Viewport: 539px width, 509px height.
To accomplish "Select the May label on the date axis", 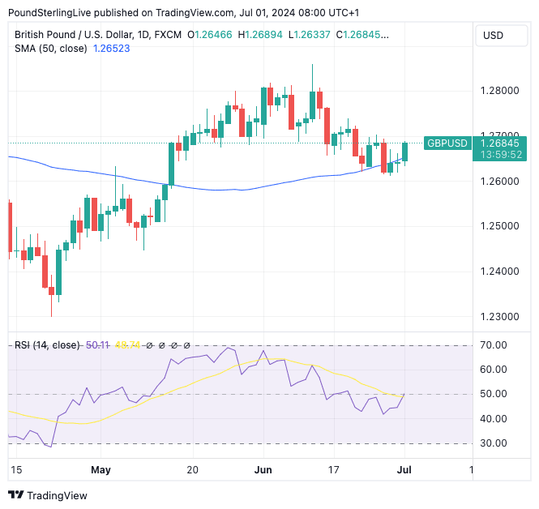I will click(x=101, y=470).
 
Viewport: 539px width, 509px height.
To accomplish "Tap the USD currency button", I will click(x=493, y=36).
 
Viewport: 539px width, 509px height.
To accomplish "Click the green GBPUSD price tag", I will click(x=447, y=143).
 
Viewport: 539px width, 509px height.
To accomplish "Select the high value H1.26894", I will click(x=257, y=35).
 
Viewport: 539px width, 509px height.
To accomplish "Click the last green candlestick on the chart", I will click(x=404, y=151).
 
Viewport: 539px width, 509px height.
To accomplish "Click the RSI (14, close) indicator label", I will click(x=47, y=345).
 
